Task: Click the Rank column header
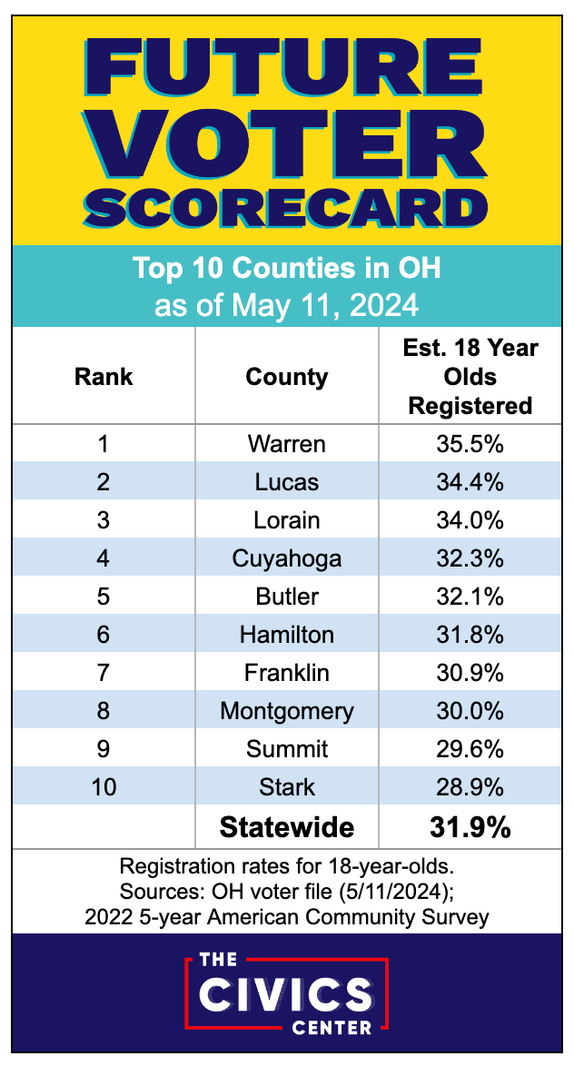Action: [104, 377]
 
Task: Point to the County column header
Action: [287, 377]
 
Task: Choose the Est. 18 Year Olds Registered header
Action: [470, 377]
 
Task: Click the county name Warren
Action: [287, 445]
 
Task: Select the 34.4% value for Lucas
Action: [470, 482]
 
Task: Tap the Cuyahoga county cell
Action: [287, 558]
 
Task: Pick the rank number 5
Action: [104, 596]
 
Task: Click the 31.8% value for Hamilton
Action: [470, 634]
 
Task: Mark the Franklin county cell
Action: [287, 672]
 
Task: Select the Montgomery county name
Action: [287, 710]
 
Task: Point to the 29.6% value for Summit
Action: [470, 748]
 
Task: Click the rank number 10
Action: [104, 786]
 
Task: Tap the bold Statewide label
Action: [287, 827]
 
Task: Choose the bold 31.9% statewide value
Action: [470, 827]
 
